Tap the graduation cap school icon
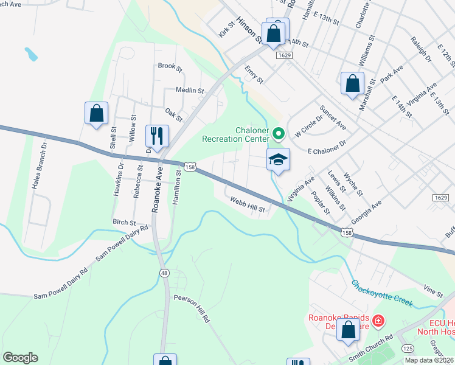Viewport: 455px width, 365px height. coord(278,160)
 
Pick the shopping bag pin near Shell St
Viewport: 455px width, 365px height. coord(96,113)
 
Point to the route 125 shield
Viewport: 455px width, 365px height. coord(408,347)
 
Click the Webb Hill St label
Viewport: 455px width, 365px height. coord(248,204)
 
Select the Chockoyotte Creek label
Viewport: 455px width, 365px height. coord(382,293)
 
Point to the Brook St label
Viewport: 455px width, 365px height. coord(170,66)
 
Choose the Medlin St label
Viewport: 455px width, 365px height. coord(189,90)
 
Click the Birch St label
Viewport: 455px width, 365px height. coord(123,223)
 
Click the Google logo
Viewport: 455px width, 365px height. coord(20,358)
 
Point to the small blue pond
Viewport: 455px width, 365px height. coord(31,55)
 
